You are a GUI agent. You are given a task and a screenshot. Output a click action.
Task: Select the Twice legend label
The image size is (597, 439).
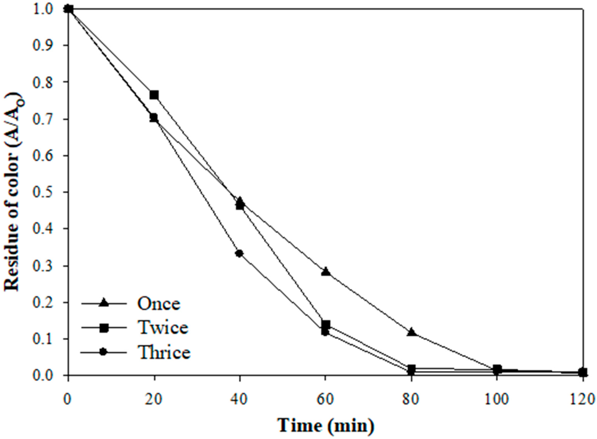pos(163,328)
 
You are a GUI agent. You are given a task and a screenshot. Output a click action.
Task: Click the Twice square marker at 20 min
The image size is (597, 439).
pos(154,95)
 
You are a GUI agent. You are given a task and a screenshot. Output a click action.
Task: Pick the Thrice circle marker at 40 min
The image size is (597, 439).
pos(240,253)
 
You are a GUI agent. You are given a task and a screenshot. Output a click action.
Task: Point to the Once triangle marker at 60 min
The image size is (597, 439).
pos(326,272)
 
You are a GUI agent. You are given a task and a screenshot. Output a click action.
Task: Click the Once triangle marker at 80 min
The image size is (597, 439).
pos(412,332)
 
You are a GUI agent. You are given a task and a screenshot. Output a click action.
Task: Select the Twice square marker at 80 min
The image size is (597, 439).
pos(412,368)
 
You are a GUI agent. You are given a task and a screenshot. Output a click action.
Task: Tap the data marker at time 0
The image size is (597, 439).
pos(68,9)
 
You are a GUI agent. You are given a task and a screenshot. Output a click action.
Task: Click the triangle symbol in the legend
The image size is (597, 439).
pos(103,303)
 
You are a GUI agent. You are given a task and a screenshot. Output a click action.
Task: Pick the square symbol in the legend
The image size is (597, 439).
pos(103,328)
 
